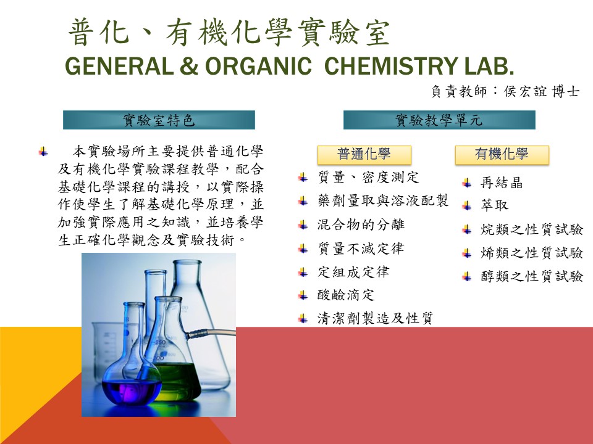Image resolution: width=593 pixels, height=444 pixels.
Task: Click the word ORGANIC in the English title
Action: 258,66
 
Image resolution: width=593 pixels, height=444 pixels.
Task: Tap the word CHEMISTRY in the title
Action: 391,66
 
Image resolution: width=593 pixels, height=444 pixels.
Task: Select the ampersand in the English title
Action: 189,66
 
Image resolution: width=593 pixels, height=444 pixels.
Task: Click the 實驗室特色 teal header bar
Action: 159,120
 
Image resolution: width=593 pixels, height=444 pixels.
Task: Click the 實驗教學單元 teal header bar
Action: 439,120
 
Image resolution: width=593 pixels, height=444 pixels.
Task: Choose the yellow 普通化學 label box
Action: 364,155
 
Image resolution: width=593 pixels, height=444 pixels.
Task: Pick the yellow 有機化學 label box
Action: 502,155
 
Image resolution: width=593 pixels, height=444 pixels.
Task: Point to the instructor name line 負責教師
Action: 505,91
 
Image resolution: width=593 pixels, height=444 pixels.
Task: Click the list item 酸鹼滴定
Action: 346,295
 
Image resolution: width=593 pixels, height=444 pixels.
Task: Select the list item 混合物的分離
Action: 361,224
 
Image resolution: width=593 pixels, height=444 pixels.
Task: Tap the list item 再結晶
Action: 502,183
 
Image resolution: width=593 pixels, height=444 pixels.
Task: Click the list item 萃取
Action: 494,205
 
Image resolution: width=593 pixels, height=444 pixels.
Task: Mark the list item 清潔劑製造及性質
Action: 375,318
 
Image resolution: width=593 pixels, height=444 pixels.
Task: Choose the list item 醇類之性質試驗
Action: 532,276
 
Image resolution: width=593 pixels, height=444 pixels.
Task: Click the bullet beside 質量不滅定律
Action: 303,249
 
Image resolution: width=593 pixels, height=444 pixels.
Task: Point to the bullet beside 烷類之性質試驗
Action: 467,229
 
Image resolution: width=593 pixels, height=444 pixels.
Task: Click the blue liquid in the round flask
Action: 132,393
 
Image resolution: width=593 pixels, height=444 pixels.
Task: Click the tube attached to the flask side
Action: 211,334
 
